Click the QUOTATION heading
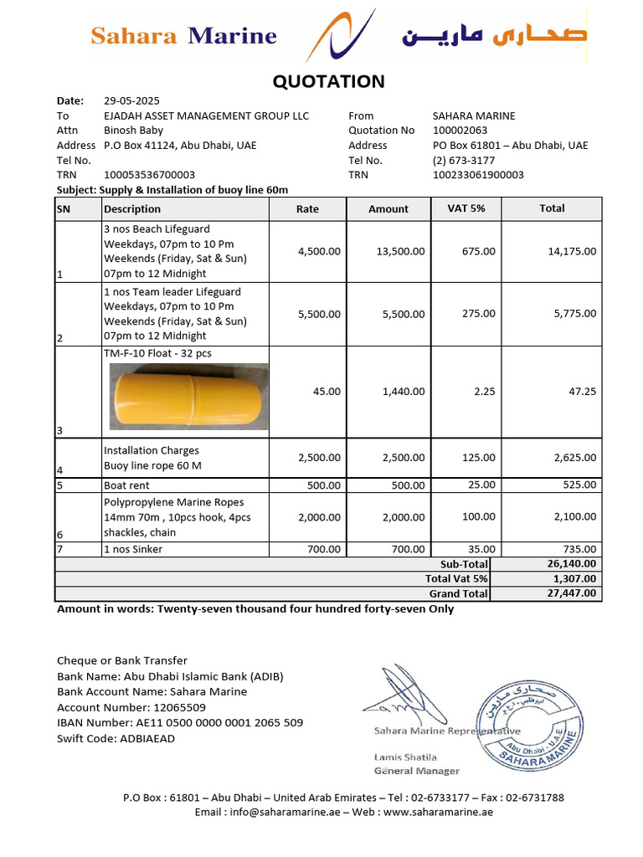pos(329,81)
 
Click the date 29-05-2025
pos(131,100)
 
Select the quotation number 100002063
pos(459,131)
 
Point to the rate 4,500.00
pos(319,251)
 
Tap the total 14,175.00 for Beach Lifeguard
pos(568,251)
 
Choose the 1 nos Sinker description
pos(133,549)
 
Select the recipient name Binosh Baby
pos(133,131)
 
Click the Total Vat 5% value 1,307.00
pos(575,578)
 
